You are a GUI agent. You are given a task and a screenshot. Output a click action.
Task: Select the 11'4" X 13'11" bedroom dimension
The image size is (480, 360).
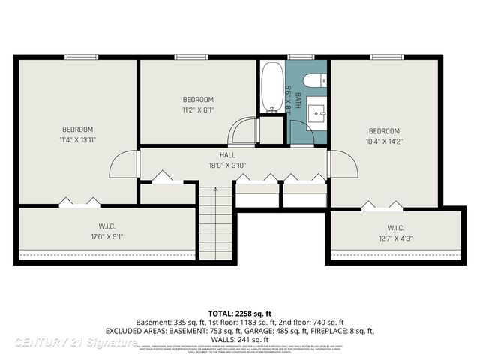78,139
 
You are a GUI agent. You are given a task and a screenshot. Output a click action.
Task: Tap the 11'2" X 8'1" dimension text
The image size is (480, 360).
198,109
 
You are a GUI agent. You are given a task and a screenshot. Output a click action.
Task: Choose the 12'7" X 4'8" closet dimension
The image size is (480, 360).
396,238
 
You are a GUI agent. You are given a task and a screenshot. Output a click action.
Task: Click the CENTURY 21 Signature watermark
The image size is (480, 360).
75,342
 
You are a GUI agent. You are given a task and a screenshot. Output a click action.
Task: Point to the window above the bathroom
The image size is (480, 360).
301,57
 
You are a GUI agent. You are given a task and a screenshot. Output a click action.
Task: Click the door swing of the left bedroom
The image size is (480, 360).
125,165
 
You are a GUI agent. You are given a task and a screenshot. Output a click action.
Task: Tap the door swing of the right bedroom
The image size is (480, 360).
341,165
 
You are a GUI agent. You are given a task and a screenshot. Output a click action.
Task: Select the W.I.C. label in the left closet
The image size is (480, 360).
106,226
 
